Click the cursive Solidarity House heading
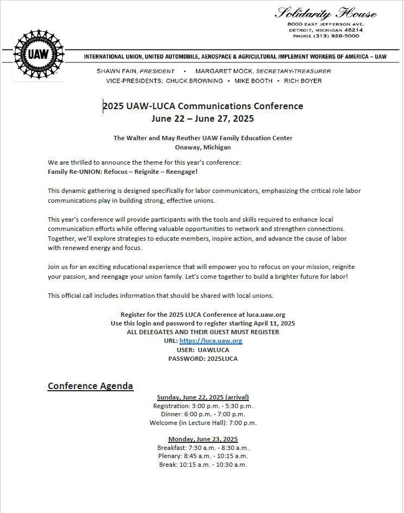[x=326, y=13]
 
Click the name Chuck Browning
[x=194, y=81]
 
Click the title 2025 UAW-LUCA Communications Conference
[x=203, y=106]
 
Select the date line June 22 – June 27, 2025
[x=203, y=118]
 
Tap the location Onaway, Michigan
[x=203, y=147]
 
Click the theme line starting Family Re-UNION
[x=122, y=172]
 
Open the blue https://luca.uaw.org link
[x=210, y=341]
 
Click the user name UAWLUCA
[x=213, y=350]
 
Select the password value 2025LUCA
[x=222, y=359]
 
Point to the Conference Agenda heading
[x=90, y=386]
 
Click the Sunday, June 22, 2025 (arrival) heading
[x=203, y=397]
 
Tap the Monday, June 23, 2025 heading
[x=203, y=439]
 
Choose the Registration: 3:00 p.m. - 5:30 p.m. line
[x=203, y=406]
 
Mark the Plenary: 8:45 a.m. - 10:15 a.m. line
[x=203, y=456]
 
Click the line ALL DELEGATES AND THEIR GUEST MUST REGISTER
[x=203, y=332]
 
